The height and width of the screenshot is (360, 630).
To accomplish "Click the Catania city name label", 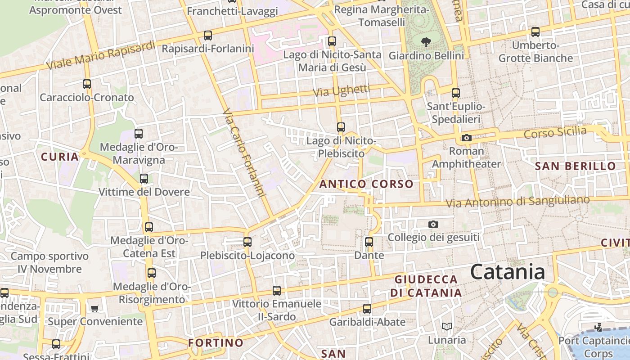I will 508,272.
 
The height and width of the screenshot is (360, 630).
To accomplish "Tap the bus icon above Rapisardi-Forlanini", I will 207,35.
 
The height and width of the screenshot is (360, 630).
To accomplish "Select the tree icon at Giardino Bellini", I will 425,42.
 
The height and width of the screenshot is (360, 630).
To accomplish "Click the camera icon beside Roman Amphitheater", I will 466,138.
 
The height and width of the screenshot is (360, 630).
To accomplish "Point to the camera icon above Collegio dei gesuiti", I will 433,224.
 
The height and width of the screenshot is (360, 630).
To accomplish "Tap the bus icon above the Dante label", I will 369,242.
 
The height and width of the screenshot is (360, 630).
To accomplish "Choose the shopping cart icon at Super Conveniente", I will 94,308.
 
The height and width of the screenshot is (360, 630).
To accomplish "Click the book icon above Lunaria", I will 446,326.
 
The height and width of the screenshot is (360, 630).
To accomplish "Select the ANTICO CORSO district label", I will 366,184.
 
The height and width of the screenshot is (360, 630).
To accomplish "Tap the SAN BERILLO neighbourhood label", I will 575,166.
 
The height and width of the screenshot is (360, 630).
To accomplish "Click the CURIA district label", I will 60,157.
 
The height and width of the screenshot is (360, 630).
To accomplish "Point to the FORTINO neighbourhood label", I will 216,342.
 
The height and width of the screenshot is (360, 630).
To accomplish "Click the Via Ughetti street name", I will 341,90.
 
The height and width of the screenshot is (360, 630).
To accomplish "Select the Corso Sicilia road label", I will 555,133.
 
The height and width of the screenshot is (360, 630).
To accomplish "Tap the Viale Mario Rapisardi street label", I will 101,56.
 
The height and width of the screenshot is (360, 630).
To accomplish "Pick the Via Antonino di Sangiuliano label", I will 517,202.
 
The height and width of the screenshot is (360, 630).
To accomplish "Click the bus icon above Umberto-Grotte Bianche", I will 535,32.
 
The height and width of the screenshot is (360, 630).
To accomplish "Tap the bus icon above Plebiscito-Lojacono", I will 247,242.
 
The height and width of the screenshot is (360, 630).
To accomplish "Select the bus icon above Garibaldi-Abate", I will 367,308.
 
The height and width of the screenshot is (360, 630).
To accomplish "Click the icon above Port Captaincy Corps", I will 598,327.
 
